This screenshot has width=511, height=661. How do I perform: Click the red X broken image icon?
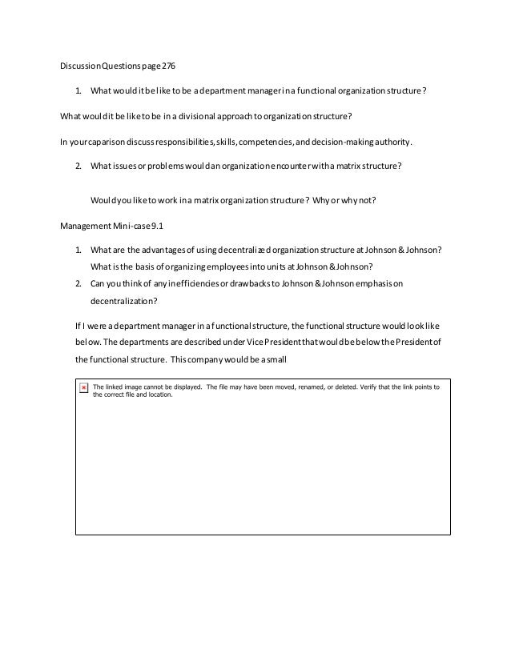point(84,387)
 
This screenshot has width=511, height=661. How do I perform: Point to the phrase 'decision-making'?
point(350,142)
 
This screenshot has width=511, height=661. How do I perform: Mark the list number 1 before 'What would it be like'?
point(78,90)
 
